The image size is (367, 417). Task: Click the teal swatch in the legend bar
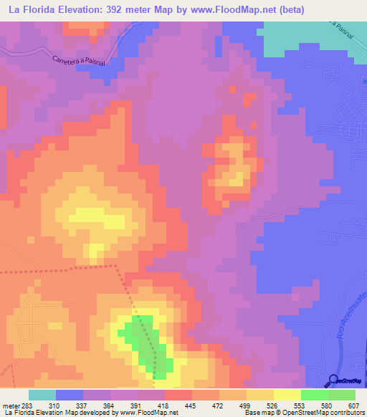click(42, 395)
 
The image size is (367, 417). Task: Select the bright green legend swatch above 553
click(314, 395)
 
